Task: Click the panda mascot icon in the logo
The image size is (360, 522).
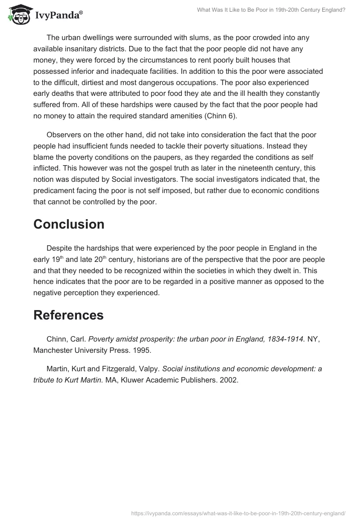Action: (18, 14)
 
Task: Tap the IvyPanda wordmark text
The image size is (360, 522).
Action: (58, 16)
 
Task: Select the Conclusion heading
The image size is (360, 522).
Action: (69, 224)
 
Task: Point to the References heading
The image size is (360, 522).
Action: (68, 315)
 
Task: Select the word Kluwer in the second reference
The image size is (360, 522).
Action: (134, 380)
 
